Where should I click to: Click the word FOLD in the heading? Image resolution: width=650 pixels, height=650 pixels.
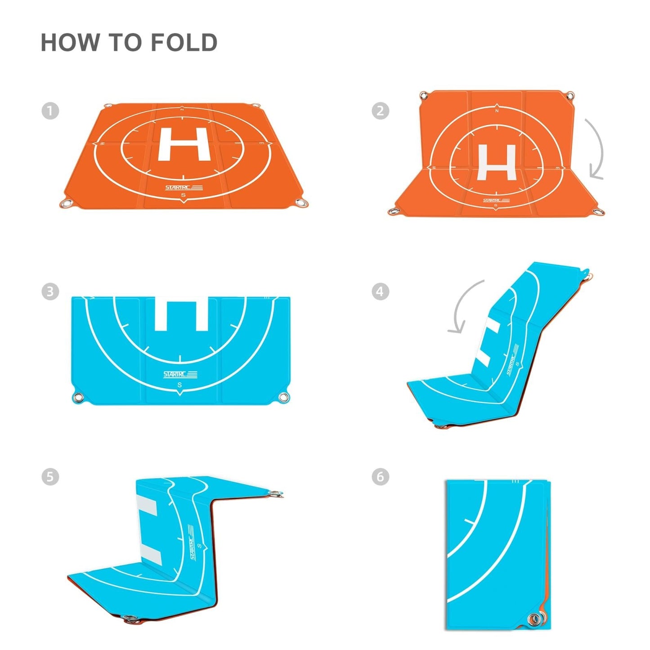[184, 43]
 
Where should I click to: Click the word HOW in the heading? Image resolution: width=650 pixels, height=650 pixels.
[70, 43]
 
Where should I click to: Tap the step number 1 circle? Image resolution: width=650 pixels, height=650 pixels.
[50, 111]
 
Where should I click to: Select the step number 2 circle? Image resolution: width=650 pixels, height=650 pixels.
[380, 111]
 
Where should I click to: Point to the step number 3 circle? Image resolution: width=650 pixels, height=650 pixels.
[50, 291]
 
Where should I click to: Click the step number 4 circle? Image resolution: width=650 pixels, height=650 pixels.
[380, 291]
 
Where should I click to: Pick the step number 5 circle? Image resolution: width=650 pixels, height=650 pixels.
[50, 476]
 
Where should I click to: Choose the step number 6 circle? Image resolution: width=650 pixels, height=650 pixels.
[380, 476]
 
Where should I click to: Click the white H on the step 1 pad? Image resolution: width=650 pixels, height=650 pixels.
[184, 144]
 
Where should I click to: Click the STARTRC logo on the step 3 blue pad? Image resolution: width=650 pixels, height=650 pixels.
[180, 374]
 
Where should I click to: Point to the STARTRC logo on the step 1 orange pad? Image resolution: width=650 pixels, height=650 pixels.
[184, 188]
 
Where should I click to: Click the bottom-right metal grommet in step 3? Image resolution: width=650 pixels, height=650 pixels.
[284, 398]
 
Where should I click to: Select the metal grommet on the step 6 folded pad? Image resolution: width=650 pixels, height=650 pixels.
[535, 619]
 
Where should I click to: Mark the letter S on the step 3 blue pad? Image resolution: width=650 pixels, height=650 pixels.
[180, 385]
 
